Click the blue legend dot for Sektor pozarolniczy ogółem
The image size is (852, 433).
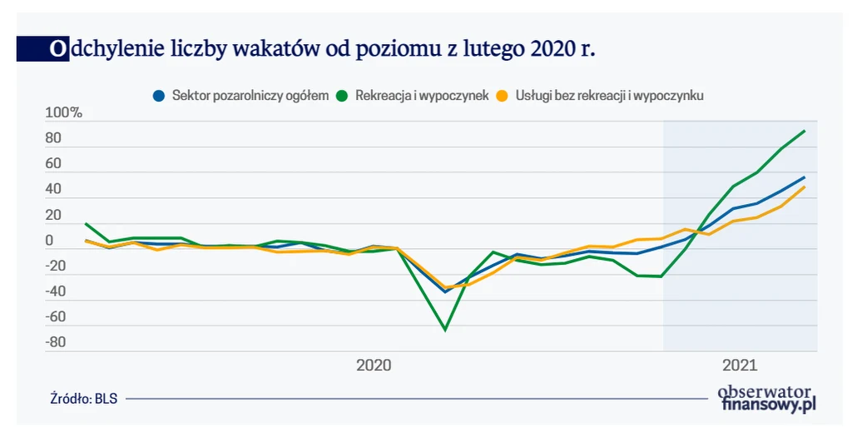point(158,96)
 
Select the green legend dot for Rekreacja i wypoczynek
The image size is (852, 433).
point(341,96)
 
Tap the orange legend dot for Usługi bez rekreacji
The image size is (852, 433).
point(502,96)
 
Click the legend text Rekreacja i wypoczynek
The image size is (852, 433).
point(422,96)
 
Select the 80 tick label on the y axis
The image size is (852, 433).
point(54,139)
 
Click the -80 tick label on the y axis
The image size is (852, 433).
point(54,342)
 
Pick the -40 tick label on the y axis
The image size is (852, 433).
point(54,291)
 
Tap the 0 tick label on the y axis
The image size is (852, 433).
point(49,241)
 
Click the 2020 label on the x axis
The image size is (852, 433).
point(374,365)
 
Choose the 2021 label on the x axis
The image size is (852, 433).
point(739,365)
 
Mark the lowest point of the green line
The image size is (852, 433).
point(445,330)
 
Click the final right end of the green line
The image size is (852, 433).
point(805,131)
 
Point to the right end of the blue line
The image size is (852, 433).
point(805,177)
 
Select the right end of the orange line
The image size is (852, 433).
point(805,187)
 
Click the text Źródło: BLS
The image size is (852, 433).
point(84,399)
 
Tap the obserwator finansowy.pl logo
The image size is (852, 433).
point(766,398)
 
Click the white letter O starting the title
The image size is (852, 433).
point(57,49)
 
